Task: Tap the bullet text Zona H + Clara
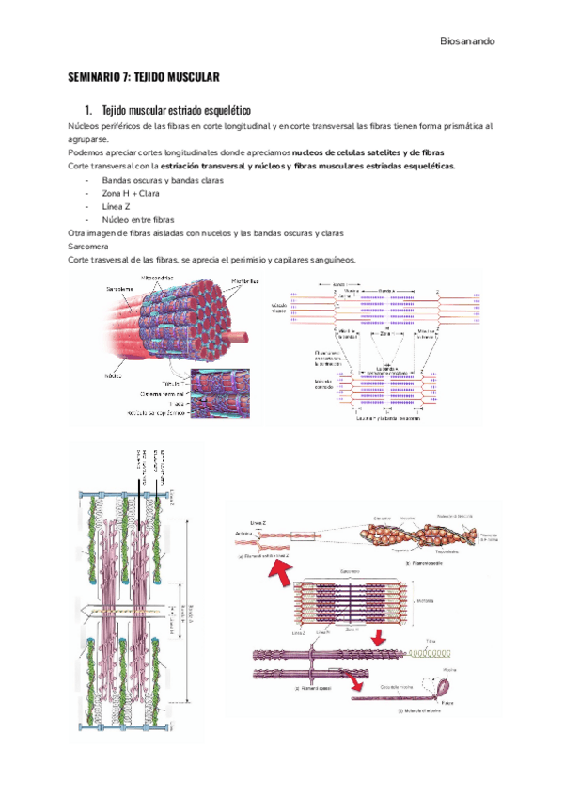coord(133,193)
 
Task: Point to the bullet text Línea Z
coord(117,206)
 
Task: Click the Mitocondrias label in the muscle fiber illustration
coord(160,279)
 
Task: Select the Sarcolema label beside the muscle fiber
coord(119,288)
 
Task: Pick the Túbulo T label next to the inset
coord(171,383)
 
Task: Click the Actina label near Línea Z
coord(242,534)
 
